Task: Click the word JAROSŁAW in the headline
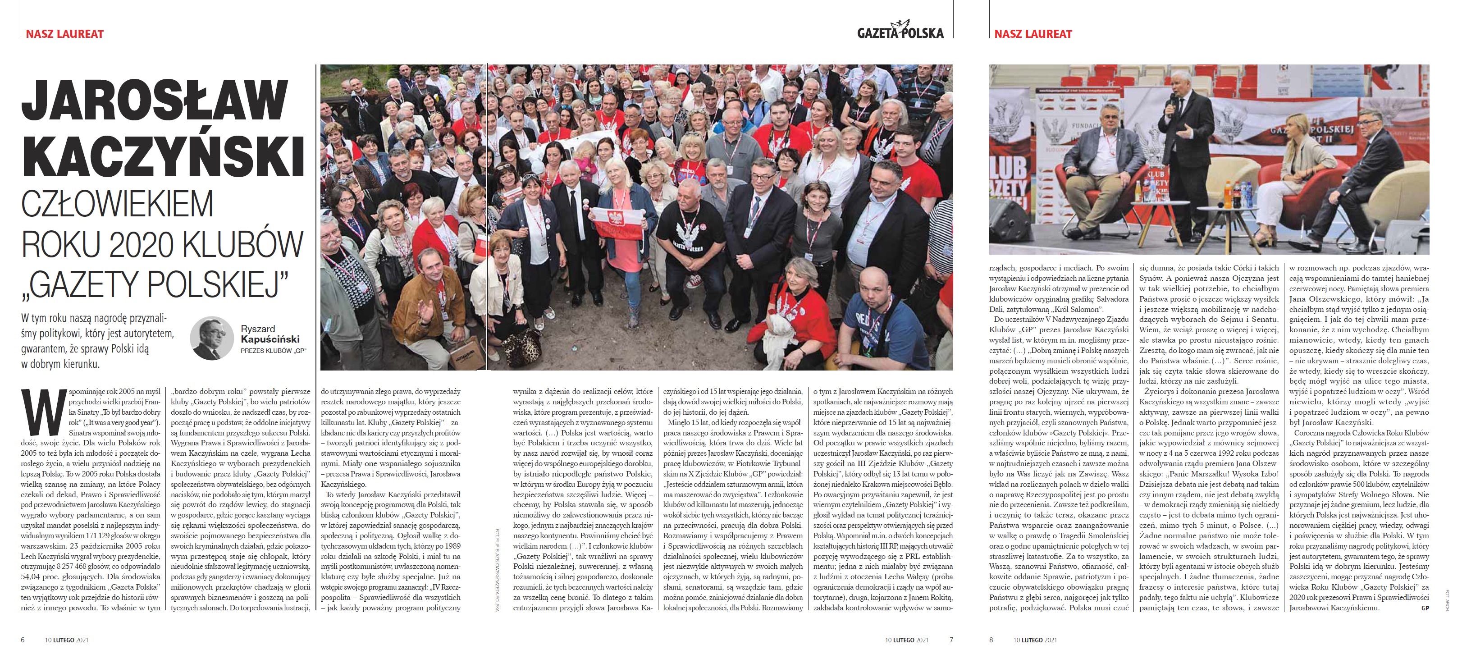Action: tap(155, 101)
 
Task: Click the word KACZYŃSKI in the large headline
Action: tap(163, 153)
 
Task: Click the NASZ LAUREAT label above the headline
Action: tap(65, 34)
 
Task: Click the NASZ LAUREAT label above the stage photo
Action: tap(1033, 34)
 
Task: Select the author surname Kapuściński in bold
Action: tap(270, 339)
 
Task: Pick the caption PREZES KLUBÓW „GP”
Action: tap(273, 351)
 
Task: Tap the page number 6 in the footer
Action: tap(23, 640)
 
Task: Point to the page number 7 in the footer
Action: tap(951, 640)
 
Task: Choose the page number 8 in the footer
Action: tap(991, 640)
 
